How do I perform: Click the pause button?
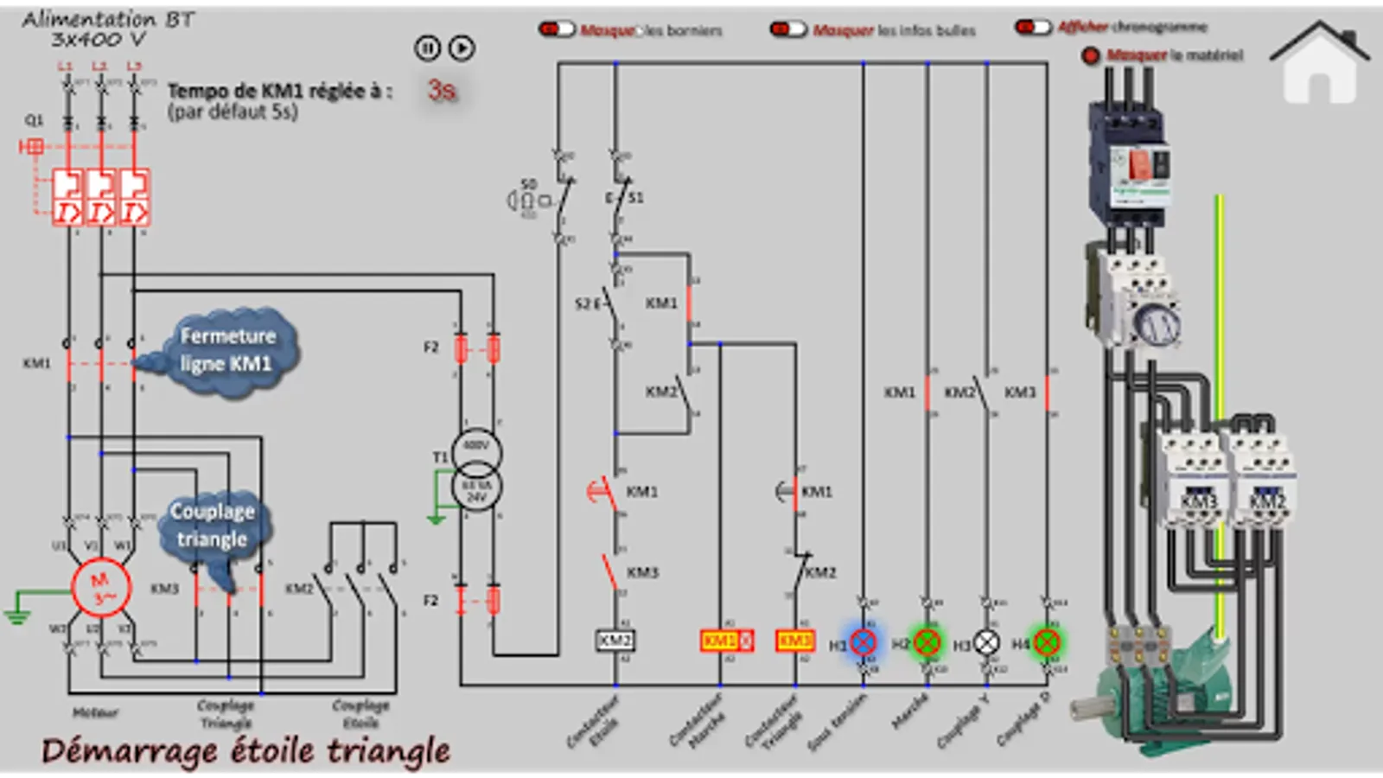click(x=427, y=48)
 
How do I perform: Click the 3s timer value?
click(x=442, y=90)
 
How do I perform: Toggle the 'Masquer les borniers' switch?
click(x=557, y=29)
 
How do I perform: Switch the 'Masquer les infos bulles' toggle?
click(x=788, y=29)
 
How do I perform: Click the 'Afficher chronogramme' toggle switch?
click(x=1033, y=28)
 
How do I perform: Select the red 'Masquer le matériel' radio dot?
click(x=1091, y=55)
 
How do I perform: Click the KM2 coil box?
click(x=615, y=641)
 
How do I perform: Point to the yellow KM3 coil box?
click(x=795, y=641)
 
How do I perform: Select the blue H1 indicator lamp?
click(x=864, y=642)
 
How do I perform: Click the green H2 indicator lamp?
click(x=927, y=642)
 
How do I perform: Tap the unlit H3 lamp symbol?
click(x=986, y=642)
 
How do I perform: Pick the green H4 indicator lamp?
click(x=1046, y=642)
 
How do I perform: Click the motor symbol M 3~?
click(x=100, y=588)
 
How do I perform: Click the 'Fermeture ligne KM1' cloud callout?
click(x=226, y=350)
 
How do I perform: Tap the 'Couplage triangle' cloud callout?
click(x=212, y=526)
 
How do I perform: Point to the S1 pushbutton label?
click(x=635, y=198)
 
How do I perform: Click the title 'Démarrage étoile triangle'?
click(x=245, y=750)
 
